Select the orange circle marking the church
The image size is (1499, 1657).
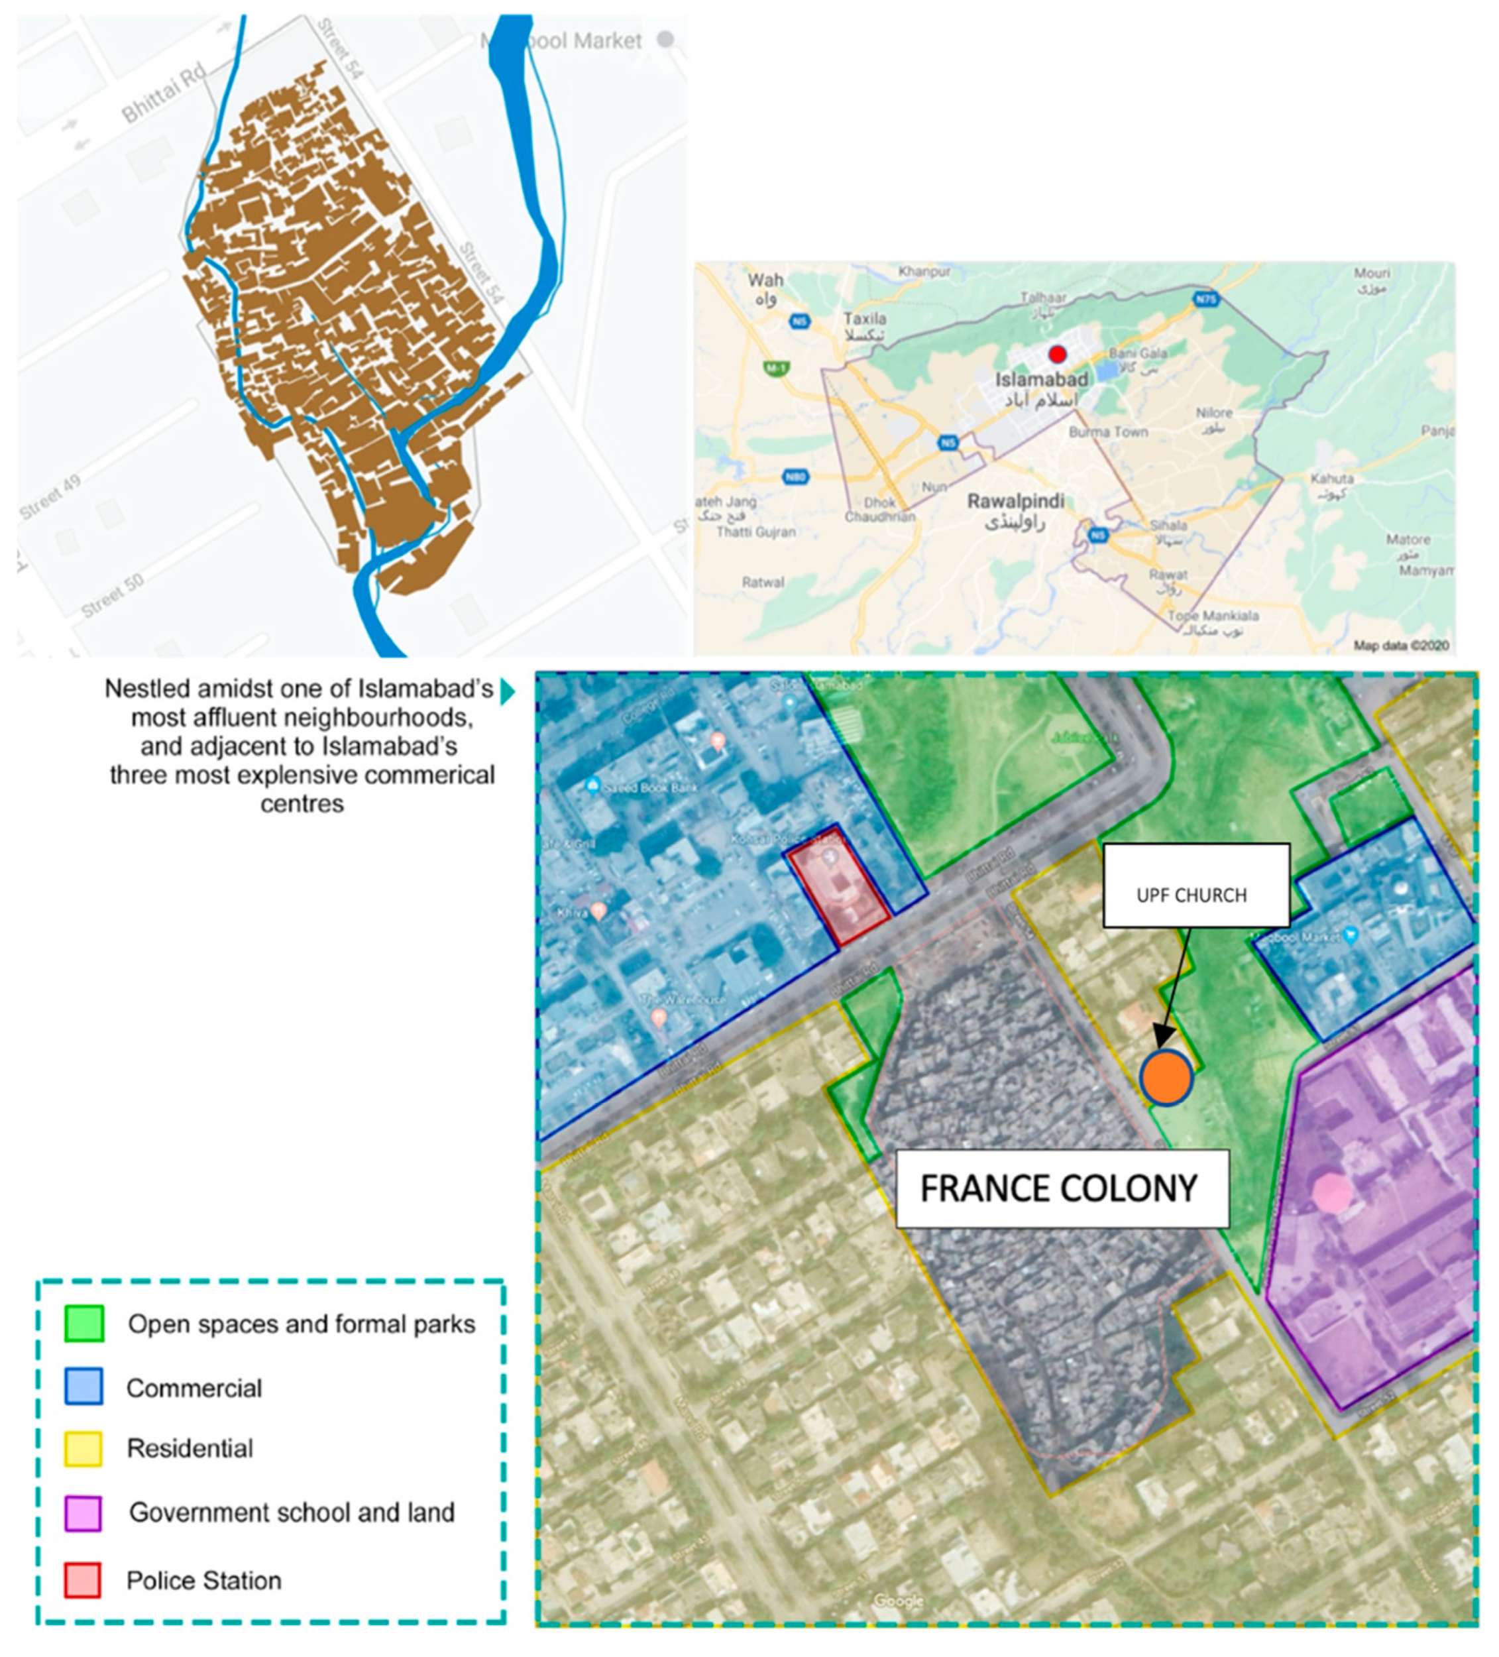click(x=1166, y=1077)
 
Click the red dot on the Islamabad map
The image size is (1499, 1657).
click(x=1057, y=354)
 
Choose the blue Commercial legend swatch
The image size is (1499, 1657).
click(x=83, y=1387)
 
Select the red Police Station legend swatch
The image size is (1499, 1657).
click(x=83, y=1579)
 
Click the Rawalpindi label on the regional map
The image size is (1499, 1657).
click(x=1016, y=501)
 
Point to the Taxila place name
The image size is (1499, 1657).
click(x=865, y=319)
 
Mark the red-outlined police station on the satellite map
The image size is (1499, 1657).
click(x=838, y=882)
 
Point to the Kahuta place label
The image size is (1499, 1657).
click(x=1331, y=479)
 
